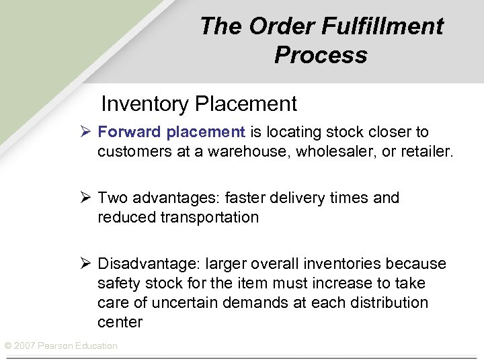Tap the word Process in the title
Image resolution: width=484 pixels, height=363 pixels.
coord(321,54)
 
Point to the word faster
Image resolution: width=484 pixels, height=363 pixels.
coord(247,198)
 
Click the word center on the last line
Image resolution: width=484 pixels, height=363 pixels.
coord(120,322)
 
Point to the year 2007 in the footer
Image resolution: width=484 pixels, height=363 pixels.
coord(25,346)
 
